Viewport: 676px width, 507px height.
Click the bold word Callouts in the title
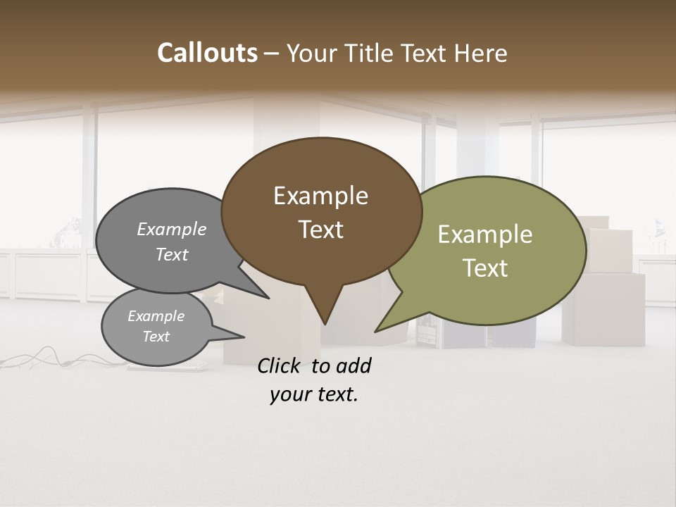[207, 53]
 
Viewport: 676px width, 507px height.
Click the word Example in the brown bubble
[320, 196]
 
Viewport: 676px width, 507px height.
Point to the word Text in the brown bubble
[321, 230]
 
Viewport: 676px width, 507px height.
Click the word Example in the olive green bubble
[484, 234]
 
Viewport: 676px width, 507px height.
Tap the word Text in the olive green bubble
[485, 268]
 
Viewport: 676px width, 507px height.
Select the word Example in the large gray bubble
[172, 230]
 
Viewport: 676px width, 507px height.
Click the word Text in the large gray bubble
[172, 254]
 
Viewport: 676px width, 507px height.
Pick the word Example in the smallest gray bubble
[156, 316]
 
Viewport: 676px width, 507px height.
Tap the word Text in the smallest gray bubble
[156, 337]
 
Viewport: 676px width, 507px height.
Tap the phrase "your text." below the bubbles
[314, 394]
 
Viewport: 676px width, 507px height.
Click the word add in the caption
[353, 365]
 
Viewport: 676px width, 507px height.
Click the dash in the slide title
[272, 54]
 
